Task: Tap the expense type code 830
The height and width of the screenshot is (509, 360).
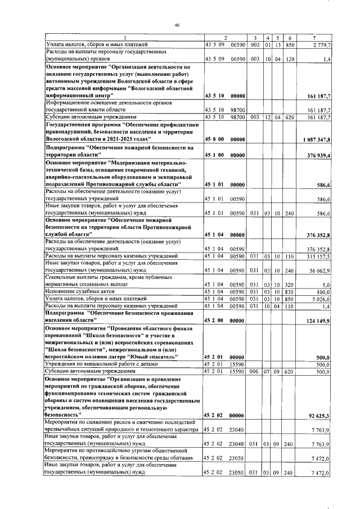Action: coord(290,292)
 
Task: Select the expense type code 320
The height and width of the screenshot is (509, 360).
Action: coord(290,285)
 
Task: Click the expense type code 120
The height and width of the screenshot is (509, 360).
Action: coord(290,58)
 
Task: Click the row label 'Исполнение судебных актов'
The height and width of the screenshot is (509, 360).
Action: coord(76,292)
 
